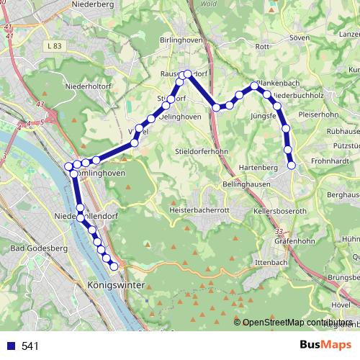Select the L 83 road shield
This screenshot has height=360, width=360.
coord(51,46)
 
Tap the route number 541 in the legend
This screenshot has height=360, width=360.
coord(30,346)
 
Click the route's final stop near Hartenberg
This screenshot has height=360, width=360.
coord(292,166)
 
